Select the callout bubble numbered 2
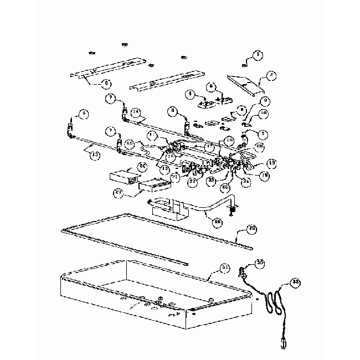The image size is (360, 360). point(271,75)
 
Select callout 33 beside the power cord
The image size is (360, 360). point(296,283)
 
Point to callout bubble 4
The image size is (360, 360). point(190,94)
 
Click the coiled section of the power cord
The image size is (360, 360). point(273,303)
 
